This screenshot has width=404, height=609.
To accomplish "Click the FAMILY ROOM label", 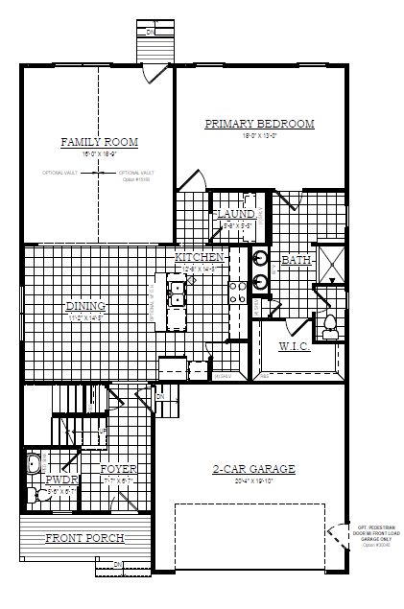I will tap(99, 142).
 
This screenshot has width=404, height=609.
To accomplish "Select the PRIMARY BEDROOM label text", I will tap(260, 124).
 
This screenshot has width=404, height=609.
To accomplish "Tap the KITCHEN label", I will tap(200, 258).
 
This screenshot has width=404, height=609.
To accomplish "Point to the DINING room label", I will tap(84, 307).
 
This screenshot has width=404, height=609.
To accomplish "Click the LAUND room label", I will tap(235, 214).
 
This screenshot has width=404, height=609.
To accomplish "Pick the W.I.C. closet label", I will tap(294, 345).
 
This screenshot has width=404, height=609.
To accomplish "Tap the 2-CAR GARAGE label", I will tap(253, 469).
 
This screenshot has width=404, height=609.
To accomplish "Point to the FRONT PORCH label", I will tap(84, 538).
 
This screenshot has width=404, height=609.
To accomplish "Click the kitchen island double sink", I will tap(177, 291).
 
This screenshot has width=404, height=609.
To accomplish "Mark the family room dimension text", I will tap(99, 153).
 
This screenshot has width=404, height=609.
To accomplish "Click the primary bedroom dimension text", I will tap(260, 135).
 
